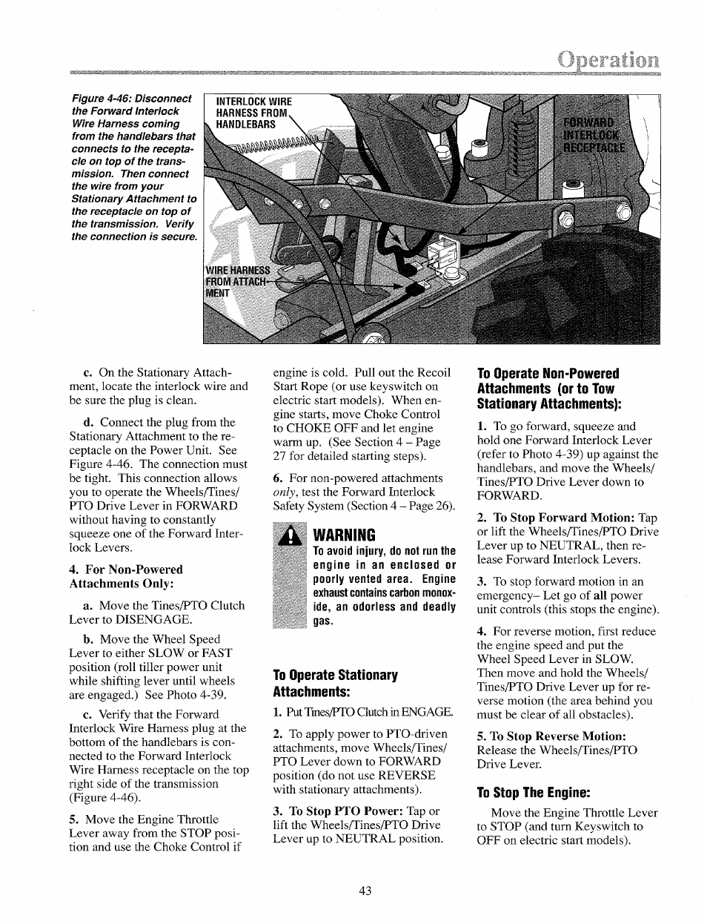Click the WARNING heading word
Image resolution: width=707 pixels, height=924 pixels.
tap(345, 535)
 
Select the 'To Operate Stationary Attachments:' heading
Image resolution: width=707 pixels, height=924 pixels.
tap(335, 683)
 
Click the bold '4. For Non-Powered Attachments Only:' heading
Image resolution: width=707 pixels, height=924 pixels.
tap(126, 576)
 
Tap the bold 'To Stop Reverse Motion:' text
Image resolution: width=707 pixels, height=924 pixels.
tap(557, 736)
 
